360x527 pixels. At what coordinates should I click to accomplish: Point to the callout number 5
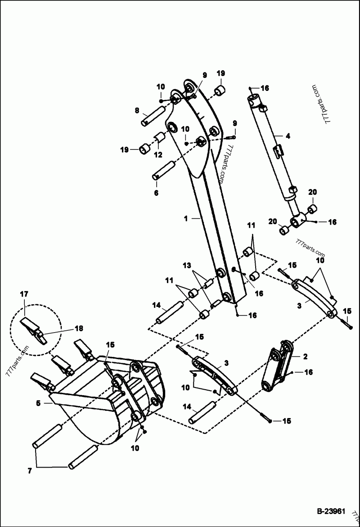[39, 403]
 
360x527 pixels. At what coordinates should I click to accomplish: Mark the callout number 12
[157, 155]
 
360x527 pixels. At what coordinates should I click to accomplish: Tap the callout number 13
[186, 266]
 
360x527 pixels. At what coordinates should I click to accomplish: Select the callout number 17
[24, 294]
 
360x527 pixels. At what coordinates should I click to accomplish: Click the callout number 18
[79, 329]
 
